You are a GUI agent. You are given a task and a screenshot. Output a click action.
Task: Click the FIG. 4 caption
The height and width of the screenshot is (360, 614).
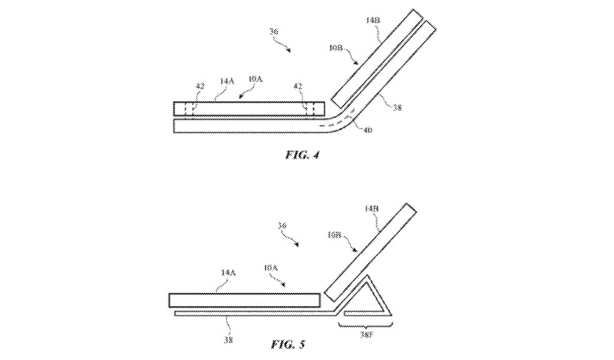(x=302, y=154)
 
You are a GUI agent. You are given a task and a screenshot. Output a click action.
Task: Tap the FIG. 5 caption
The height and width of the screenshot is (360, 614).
(x=288, y=344)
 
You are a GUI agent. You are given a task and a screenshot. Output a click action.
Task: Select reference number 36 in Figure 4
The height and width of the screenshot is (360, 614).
(x=274, y=32)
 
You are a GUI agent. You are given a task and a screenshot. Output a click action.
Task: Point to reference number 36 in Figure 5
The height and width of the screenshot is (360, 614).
(x=282, y=225)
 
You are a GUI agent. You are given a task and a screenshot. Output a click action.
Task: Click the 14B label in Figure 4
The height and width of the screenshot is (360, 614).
(x=372, y=20)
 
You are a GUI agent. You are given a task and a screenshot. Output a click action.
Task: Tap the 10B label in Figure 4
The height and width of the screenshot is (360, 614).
(x=336, y=48)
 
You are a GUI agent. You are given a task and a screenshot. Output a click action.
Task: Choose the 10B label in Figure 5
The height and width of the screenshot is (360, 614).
(x=335, y=235)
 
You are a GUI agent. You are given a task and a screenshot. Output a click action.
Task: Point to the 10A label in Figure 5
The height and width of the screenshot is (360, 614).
(x=270, y=268)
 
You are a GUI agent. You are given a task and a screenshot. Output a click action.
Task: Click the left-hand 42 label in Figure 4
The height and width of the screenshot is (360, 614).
(x=199, y=86)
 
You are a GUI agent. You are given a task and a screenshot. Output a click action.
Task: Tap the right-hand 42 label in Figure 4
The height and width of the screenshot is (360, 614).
(x=298, y=86)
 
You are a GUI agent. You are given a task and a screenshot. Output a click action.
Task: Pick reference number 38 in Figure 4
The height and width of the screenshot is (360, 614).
(x=397, y=107)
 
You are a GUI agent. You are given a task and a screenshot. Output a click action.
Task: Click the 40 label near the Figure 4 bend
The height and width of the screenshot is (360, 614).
(x=368, y=129)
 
